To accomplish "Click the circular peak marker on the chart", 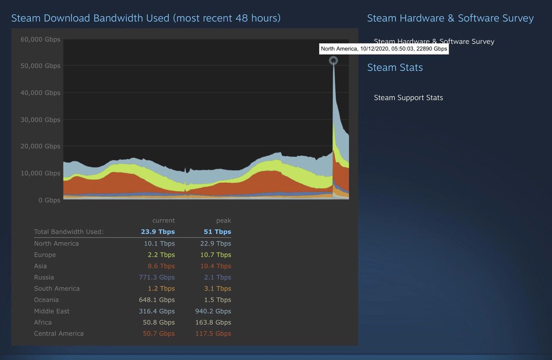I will point(333,60).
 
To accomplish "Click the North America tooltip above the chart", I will point(384,49).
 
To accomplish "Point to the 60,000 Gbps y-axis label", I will point(40,40).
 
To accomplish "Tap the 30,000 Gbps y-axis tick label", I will point(40,120).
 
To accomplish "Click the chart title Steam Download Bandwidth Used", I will point(145,18).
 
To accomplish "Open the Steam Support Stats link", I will point(408,97).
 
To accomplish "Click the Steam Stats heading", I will point(395,68).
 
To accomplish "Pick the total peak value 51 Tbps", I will point(218,232).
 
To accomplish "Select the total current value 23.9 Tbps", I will point(158,232).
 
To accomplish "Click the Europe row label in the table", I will point(45,255).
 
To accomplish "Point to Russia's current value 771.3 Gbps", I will point(157,277).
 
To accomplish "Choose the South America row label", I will point(57,289).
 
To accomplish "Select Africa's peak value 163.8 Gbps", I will point(213,322).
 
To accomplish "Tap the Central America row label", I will point(59,334).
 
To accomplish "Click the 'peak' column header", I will point(224,221).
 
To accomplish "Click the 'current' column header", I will point(164,221).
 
